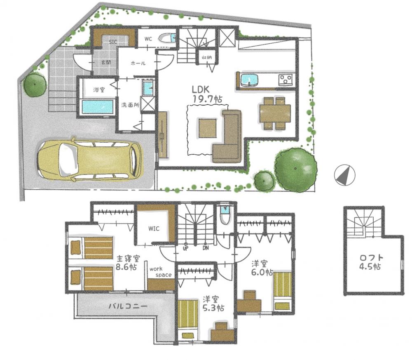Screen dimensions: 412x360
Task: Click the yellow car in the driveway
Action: (89, 159)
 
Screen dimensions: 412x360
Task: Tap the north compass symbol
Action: (344, 174)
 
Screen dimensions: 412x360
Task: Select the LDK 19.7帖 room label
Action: (207, 94)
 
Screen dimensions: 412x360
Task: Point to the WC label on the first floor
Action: (148, 39)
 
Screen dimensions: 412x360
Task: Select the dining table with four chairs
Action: (275, 113)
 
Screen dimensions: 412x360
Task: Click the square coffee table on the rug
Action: (208, 128)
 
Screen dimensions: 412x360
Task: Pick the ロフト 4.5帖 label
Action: (370, 262)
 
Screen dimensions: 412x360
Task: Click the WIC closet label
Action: (154, 228)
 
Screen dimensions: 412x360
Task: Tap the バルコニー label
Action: (128, 306)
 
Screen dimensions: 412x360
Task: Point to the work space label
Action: (161, 272)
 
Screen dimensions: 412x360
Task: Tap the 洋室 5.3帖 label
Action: (213, 304)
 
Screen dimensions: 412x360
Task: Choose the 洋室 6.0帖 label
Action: (262, 268)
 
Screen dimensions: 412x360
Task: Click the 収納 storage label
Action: (207, 57)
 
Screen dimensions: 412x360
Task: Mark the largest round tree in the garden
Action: (295, 169)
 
